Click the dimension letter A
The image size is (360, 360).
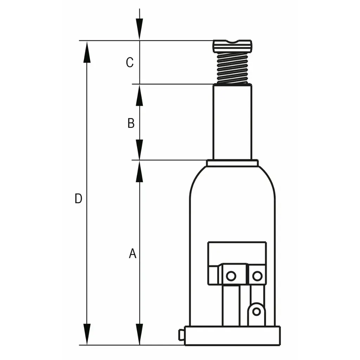tap(133, 253)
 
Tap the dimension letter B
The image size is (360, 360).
tap(131, 123)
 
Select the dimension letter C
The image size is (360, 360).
tap(130, 62)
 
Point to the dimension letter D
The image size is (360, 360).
tap(78, 198)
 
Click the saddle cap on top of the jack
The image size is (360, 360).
tap(232, 46)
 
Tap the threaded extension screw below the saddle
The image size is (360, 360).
tap(232, 68)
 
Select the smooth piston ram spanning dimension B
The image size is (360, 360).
tap(232, 122)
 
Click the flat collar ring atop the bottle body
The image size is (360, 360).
tap(232, 163)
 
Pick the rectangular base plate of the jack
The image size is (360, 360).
tap(233, 336)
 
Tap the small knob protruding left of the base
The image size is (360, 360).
tap(181, 335)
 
